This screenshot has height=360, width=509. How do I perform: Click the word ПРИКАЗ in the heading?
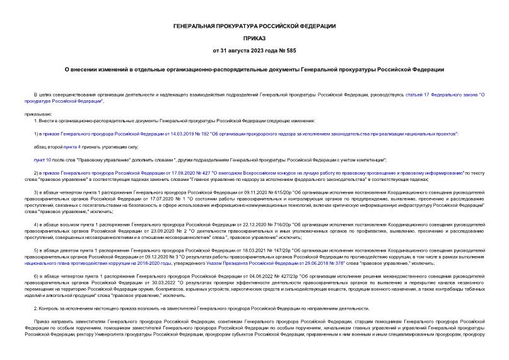(254, 37)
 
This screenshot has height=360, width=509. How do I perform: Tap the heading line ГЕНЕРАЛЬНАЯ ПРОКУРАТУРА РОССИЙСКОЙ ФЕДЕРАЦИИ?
(254, 25)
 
